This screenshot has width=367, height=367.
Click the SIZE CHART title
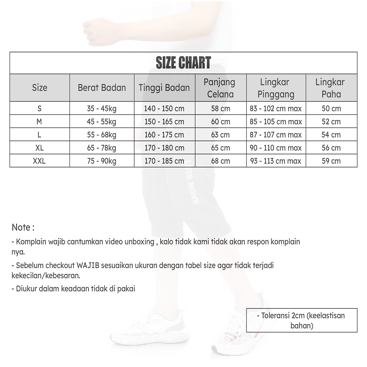coord(183,63)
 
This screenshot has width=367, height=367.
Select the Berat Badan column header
coord(102,88)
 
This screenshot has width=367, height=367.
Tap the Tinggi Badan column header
coord(165,88)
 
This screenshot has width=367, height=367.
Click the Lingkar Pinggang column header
coord(276,88)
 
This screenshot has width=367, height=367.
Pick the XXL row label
coord(39,161)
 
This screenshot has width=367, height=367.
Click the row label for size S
coord(39,109)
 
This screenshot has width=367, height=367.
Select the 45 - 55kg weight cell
coord(101,122)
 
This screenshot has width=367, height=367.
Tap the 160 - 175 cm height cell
coord(164,135)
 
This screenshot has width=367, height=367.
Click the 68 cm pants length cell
coord(220,161)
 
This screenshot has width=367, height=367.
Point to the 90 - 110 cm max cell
coord(276,148)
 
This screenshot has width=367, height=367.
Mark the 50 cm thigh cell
coord(331,109)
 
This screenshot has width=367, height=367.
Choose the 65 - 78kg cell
coord(101,148)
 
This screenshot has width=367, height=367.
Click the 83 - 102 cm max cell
coord(276,109)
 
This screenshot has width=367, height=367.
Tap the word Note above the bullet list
coord(21,228)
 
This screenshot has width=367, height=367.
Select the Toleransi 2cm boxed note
coord(301,320)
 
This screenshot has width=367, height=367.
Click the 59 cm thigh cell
coord(331,161)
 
